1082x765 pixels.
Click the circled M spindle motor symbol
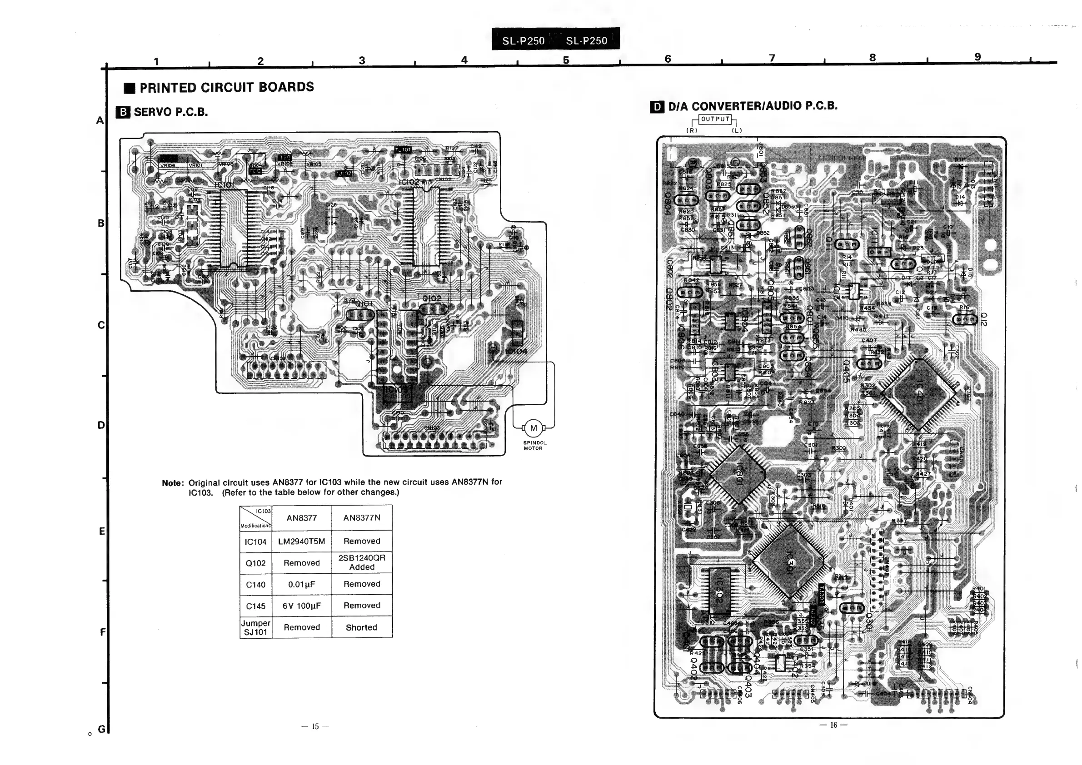pos(534,428)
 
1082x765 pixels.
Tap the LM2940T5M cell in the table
pos(302,541)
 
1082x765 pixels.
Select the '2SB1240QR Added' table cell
pos(362,562)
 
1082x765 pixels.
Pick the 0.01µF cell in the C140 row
pos(302,584)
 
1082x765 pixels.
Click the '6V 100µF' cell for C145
pos(302,606)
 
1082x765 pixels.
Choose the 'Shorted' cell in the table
pos(362,627)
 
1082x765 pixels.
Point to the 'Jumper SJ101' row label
pos(256,627)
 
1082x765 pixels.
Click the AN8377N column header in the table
pos(362,518)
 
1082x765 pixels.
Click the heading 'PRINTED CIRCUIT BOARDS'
pos(227,88)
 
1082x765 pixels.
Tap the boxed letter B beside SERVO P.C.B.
pos(123,112)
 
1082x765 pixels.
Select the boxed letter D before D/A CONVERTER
pos(657,107)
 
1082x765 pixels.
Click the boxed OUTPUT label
pos(715,119)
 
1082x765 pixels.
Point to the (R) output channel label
pos(692,130)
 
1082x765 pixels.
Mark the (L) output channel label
pos(737,130)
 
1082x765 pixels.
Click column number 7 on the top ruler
pos(772,58)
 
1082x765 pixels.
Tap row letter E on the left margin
pos(102,532)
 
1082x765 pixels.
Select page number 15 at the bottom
pos(315,726)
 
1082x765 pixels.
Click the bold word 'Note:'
pos(173,483)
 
